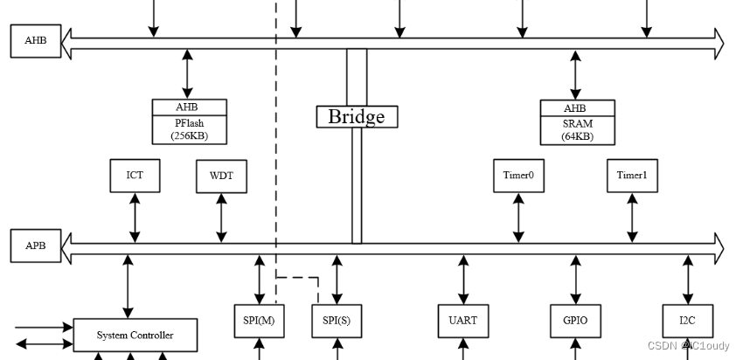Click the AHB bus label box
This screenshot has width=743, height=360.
[36, 41]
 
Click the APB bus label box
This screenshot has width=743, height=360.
[36, 246]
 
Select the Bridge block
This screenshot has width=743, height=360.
[357, 116]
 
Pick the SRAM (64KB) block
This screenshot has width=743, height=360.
[576, 122]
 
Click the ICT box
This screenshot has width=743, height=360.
[135, 176]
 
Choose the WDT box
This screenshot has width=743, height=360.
[221, 176]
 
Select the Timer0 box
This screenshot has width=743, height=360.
[518, 176]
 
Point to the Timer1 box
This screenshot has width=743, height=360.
[632, 176]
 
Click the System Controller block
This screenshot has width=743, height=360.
[135, 336]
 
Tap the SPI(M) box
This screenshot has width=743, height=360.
[259, 321]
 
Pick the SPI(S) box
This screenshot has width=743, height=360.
[337, 321]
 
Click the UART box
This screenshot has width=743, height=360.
[462, 321]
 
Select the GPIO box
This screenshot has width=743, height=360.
[575, 321]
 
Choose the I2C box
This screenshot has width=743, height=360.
[688, 321]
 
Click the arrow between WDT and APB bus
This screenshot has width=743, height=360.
[221, 218]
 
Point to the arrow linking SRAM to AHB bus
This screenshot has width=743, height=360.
[575, 75]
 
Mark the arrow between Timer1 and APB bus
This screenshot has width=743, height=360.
[632, 218]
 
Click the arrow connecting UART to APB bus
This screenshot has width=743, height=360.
[462, 279]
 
